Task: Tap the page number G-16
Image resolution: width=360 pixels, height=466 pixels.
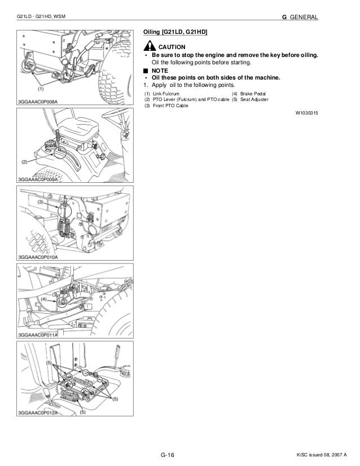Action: point(169,455)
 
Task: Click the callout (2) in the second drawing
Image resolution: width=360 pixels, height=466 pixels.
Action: point(24,161)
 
